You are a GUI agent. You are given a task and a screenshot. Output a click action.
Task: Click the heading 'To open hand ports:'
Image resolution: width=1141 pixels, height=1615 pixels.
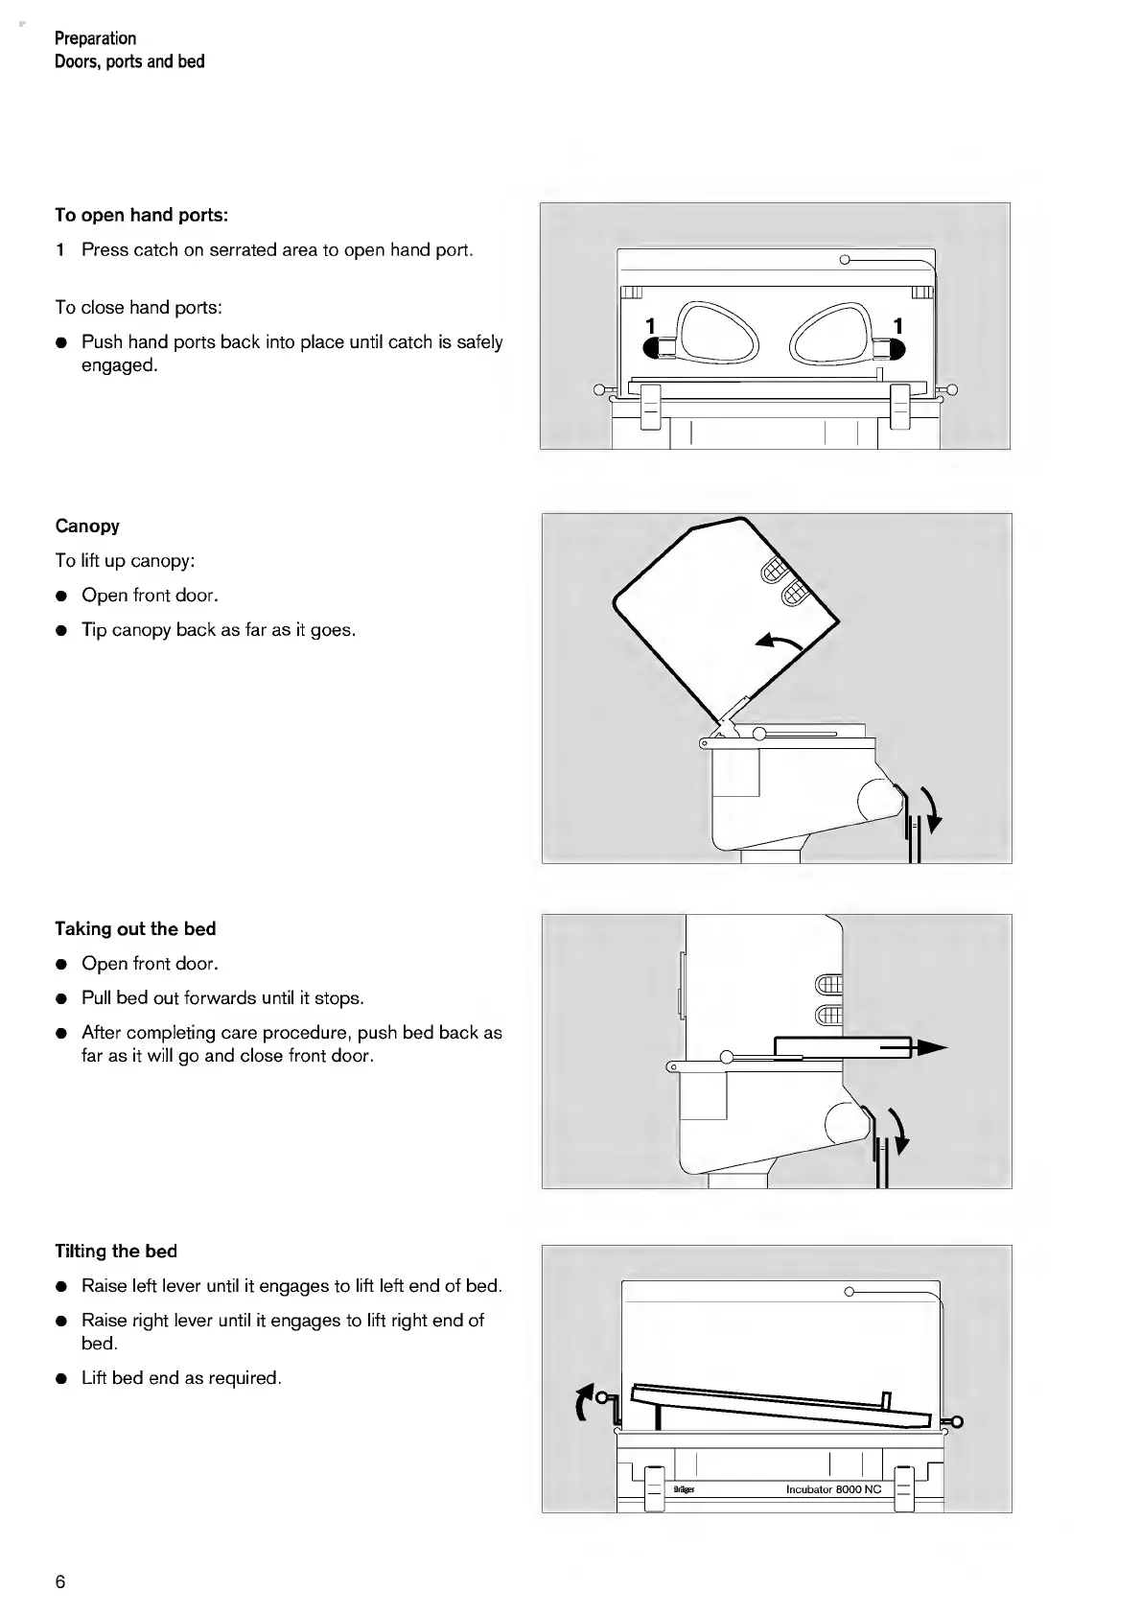click(x=141, y=215)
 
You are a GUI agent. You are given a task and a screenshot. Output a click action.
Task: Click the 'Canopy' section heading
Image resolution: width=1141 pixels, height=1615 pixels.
click(x=87, y=526)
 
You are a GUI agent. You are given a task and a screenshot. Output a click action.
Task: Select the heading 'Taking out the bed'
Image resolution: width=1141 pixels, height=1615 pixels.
click(x=135, y=928)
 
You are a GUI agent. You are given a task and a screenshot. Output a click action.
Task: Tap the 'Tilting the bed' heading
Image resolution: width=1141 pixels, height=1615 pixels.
click(x=116, y=1251)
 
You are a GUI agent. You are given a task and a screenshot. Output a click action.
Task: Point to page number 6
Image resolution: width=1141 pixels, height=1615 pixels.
click(x=60, y=1581)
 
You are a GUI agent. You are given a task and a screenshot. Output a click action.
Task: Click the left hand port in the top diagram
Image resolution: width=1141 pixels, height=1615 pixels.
click(x=718, y=333)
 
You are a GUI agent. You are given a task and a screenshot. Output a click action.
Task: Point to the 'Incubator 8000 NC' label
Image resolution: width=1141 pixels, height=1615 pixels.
click(x=833, y=1489)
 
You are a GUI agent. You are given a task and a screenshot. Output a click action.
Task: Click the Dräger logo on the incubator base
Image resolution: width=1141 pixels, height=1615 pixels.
click(x=684, y=1489)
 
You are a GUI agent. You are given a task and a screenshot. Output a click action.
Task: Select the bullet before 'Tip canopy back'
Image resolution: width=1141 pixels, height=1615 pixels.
click(x=61, y=631)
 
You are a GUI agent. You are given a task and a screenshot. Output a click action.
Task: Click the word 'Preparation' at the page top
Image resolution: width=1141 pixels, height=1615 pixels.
click(x=95, y=38)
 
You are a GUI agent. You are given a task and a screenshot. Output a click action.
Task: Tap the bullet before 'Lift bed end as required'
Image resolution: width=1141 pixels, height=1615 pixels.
click(x=61, y=1379)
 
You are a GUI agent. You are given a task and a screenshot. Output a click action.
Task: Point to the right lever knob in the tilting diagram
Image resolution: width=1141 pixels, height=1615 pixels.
click(x=955, y=1421)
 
